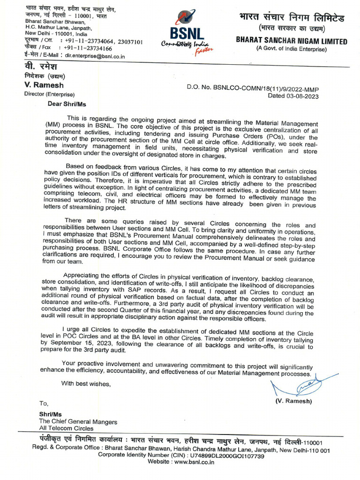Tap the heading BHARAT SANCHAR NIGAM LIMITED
coord(292,41)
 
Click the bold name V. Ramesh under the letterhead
coord(44,85)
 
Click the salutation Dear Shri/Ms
coord(67,104)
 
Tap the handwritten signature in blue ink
coord(300,386)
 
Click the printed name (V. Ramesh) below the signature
coord(293,401)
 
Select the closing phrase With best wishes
coord(86,384)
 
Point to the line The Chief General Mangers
coord(78,422)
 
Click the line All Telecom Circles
coord(66,428)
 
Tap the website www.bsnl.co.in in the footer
coord(194,462)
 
